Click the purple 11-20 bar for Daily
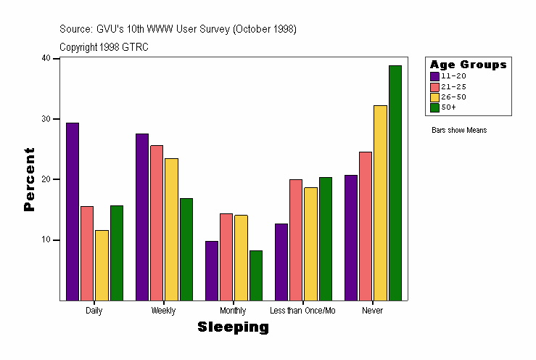(73, 211)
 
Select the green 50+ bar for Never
(395, 182)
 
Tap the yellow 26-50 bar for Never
(380, 202)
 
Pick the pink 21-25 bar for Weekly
(157, 222)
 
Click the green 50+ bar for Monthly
(255, 275)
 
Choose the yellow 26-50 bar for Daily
(102, 265)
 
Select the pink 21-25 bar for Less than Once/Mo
(296, 240)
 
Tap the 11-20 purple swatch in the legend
(434, 76)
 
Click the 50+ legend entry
(448, 107)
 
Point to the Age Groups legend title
(468, 65)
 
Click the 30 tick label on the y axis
(46, 118)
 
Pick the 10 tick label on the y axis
(46, 240)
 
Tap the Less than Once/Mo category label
(302, 311)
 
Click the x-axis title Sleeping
(233, 327)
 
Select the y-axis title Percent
(29, 179)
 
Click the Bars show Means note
(459, 131)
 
